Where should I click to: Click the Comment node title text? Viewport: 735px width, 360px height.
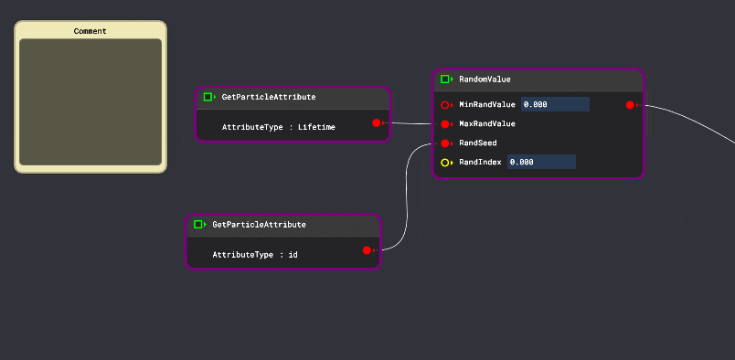pos(91,31)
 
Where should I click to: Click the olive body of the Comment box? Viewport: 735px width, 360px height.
pos(91,102)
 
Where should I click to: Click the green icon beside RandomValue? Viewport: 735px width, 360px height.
pos(445,79)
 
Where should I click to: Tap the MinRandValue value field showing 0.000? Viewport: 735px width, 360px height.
pos(555,105)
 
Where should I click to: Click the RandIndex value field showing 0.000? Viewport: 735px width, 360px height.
pos(541,162)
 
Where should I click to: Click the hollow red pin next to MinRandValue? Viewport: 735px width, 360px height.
pos(445,105)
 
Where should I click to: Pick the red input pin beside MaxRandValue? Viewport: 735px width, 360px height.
pos(445,124)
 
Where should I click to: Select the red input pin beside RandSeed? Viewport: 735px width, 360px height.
pos(445,143)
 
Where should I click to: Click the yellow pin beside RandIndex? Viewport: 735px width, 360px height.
pos(445,163)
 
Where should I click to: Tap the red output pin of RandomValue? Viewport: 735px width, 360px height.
pos(631,105)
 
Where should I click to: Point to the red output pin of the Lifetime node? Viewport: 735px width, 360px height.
pos(377,122)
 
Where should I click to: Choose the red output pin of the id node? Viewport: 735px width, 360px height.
pos(367,249)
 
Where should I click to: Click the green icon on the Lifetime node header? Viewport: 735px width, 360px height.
pos(208,97)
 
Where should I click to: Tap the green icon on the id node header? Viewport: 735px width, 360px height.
pos(198,224)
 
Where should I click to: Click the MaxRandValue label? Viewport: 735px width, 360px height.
pos(486,124)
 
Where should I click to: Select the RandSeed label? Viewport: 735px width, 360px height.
pos(477,143)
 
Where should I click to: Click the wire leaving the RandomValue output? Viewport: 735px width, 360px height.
pos(695,115)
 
